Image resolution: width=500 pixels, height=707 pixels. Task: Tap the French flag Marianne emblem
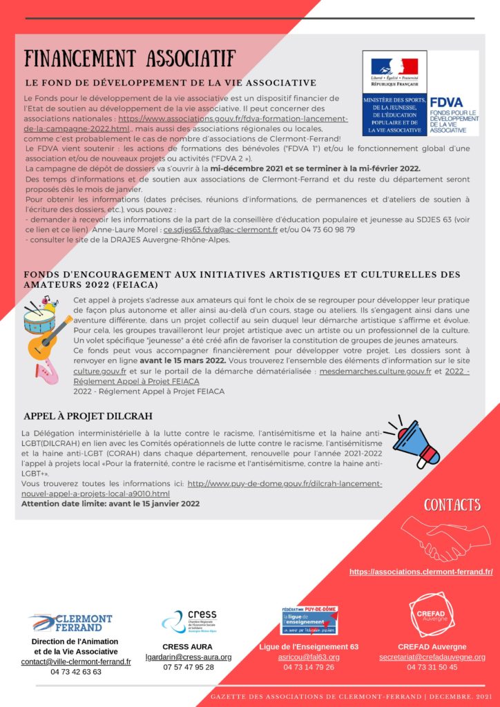click(394, 67)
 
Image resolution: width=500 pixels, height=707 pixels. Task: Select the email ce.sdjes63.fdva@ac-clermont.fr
click(220, 229)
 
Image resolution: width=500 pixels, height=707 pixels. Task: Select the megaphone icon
click(414, 442)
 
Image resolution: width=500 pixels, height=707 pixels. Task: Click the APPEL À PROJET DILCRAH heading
click(88, 416)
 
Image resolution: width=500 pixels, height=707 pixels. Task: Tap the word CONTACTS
click(452, 505)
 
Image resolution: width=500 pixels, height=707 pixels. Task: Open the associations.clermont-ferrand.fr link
click(421, 572)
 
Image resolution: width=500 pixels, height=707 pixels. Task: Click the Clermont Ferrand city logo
click(71, 622)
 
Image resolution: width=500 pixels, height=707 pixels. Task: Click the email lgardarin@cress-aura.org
click(189, 657)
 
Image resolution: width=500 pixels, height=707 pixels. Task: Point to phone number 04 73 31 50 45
click(432, 668)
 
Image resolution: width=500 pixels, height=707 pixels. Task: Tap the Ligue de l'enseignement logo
click(309, 620)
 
